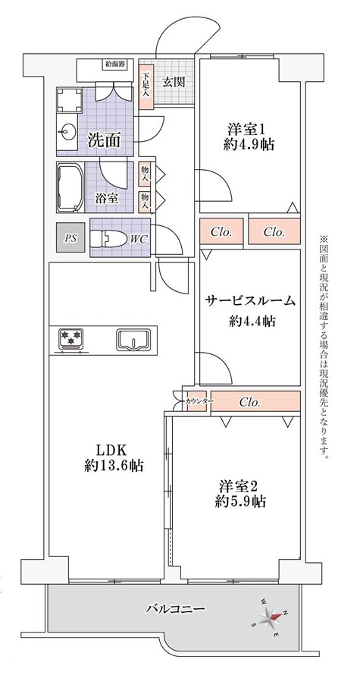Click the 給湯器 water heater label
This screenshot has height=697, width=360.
[x=114, y=64]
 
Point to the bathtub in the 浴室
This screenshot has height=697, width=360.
[x=70, y=188]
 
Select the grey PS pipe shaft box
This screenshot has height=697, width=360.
[x=70, y=238]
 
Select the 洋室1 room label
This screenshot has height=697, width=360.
[x=246, y=130]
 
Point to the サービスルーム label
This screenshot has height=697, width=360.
[x=250, y=301]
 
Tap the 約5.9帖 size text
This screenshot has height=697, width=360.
[x=240, y=502]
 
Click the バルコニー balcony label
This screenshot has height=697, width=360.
[x=176, y=608]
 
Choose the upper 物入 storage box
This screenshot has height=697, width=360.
[x=146, y=174]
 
